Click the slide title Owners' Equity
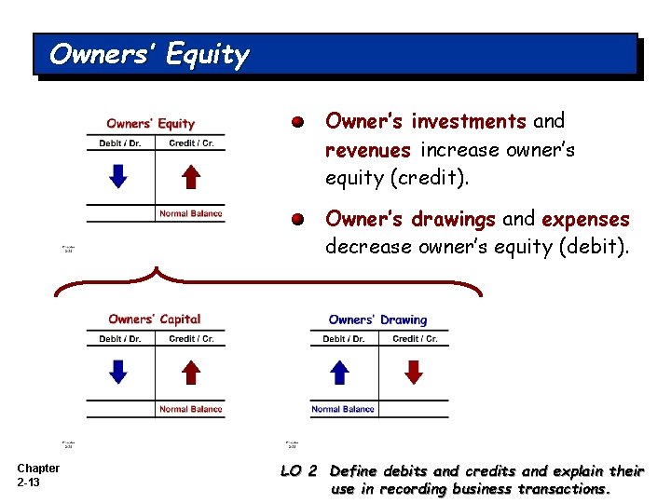(149, 55)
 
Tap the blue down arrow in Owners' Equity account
(118, 175)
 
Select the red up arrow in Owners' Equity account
(190, 175)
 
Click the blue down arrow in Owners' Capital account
(118, 372)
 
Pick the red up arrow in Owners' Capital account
(190, 372)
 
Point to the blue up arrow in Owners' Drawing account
(340, 372)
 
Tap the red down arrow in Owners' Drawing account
(414, 372)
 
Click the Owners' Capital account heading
(154, 319)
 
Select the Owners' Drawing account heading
(377, 319)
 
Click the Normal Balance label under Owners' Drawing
(343, 409)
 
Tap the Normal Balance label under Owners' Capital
(191, 409)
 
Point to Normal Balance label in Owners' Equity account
(191, 213)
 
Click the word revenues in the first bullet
(368, 150)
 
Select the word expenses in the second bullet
(586, 220)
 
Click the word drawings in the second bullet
(453, 220)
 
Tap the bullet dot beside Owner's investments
(296, 122)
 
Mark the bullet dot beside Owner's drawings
(296, 221)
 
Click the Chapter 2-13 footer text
(37, 475)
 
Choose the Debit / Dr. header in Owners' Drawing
(344, 339)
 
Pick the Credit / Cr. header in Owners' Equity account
(191, 143)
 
